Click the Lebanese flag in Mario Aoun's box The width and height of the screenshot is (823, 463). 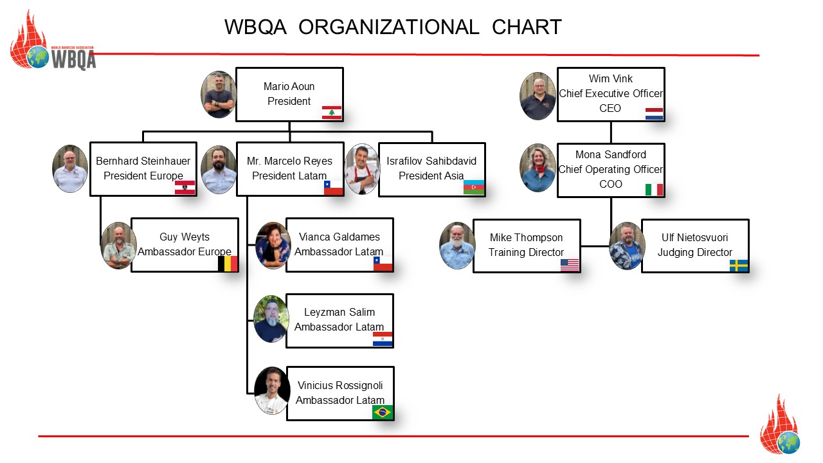pyautogui.click(x=332, y=113)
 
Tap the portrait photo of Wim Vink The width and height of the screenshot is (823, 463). pyautogui.click(x=538, y=96)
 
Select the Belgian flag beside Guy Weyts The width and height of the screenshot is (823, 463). pyautogui.click(x=228, y=263)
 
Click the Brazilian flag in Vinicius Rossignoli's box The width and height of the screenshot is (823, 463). pyautogui.click(x=383, y=412)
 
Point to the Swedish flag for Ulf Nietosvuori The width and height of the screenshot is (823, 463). pyautogui.click(x=739, y=265)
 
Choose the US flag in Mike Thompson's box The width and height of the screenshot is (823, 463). pyautogui.click(x=570, y=265)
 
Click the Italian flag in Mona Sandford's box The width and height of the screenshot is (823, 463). pyautogui.click(x=654, y=189)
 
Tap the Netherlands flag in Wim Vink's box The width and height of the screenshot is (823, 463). pyautogui.click(x=654, y=113)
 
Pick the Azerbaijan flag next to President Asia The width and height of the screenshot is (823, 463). pyautogui.click(x=474, y=187)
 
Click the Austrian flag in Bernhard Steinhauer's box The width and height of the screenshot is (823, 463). pyautogui.click(x=185, y=187)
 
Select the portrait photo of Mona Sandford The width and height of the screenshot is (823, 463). pyautogui.click(x=538, y=168)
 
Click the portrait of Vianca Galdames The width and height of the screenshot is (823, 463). pyautogui.click(x=273, y=245)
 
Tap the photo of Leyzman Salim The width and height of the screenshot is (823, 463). pyautogui.click(x=271, y=319)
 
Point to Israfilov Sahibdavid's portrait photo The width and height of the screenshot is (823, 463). pyautogui.click(x=363, y=169)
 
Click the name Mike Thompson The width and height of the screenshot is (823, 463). pyautogui.click(x=526, y=238)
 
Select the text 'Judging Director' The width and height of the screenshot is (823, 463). pyautogui.click(x=694, y=253)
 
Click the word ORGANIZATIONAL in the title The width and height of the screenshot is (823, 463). pyautogui.click(x=389, y=27)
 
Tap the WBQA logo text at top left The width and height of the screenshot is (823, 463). pyautogui.click(x=73, y=59)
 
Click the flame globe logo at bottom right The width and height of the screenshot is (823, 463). pyautogui.click(x=780, y=427)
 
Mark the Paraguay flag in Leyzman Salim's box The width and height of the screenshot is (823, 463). pyautogui.click(x=383, y=339)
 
